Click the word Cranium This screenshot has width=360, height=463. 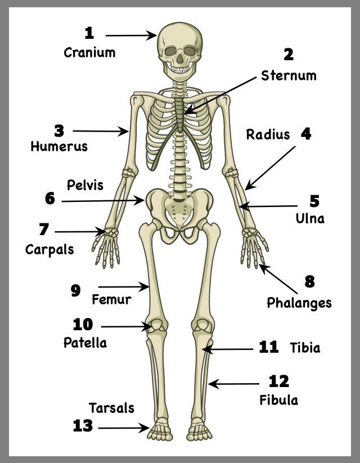pyautogui.click(x=89, y=52)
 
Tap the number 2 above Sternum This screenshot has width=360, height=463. pyautogui.click(x=289, y=55)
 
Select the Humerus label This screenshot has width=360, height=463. pyautogui.click(x=59, y=146)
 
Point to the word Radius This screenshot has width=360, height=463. pyautogui.click(x=268, y=134)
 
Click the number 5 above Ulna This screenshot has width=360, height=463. pyautogui.click(x=314, y=201)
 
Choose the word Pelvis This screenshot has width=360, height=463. pyautogui.click(x=85, y=185)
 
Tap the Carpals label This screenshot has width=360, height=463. pyautogui.click(x=49, y=250)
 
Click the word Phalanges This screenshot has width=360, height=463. pyautogui.click(x=299, y=303)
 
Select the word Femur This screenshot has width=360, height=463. pyautogui.click(x=111, y=299)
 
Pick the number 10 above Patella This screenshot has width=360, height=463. pyautogui.click(x=83, y=324)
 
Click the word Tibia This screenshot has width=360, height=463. pyautogui.click(x=305, y=348)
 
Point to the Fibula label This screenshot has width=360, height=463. pyautogui.click(x=279, y=400)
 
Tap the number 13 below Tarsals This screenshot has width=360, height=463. pyautogui.click(x=83, y=426)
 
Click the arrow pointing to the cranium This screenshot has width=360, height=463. pyautogui.click(x=131, y=35)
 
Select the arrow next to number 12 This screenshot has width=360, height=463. pyautogui.click(x=233, y=384)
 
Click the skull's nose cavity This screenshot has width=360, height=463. pyautogui.click(x=180, y=60)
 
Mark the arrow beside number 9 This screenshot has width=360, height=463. pyautogui.click(x=123, y=287)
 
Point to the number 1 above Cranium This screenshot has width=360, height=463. pyautogui.click(x=89, y=33)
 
